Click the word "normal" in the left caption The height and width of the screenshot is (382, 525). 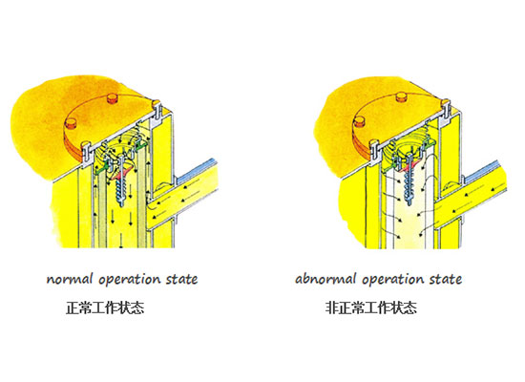click(70, 279)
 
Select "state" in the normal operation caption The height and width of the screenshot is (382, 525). click(181, 279)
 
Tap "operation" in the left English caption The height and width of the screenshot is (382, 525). click(129, 280)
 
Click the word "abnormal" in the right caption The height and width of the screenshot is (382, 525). click(325, 279)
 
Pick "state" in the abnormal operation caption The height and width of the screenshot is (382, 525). click(446, 279)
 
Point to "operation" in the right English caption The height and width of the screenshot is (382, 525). click(392, 280)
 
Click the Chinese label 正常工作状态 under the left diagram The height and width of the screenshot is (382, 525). click(105, 308)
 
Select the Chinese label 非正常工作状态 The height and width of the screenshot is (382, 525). click(371, 308)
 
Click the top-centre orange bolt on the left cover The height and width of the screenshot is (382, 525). click(113, 98)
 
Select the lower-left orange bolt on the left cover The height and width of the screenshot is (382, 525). click(71, 122)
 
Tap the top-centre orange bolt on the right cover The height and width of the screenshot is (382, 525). click(402, 96)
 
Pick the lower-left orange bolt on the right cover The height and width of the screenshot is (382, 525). click(359, 121)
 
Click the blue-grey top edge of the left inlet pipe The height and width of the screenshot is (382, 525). click(195, 172)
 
